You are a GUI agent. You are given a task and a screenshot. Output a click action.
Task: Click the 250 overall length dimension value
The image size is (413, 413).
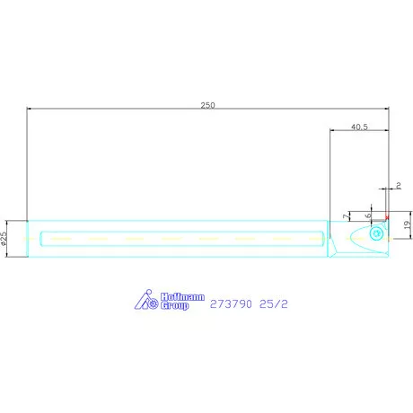(x=207, y=105)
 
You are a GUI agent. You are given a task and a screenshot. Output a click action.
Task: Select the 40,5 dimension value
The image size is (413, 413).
(x=358, y=127)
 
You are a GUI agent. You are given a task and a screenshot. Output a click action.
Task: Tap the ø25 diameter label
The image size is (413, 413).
(x=5, y=238)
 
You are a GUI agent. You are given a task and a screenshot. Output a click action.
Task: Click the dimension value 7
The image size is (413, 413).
(x=347, y=216)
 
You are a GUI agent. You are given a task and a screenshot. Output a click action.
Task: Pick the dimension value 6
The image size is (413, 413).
(x=368, y=216)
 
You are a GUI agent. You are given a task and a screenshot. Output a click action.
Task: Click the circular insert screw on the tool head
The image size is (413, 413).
(x=376, y=233)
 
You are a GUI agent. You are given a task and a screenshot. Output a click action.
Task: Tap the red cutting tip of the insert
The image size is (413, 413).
(x=387, y=218)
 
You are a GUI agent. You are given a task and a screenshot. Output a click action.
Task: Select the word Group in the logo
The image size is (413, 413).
(x=174, y=306)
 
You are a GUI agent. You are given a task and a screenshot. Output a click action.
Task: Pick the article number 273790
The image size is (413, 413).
(x=231, y=303)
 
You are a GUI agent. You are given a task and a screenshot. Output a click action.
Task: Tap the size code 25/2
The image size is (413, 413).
(x=275, y=303)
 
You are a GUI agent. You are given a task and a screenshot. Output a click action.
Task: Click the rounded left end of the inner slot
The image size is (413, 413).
(x=43, y=239)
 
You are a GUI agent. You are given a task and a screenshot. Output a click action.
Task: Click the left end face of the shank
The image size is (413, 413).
(x=28, y=239)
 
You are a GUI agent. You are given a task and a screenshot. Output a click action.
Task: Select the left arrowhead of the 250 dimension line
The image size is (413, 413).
(x=31, y=110)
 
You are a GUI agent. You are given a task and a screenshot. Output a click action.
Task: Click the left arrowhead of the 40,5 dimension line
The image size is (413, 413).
(x=333, y=133)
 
